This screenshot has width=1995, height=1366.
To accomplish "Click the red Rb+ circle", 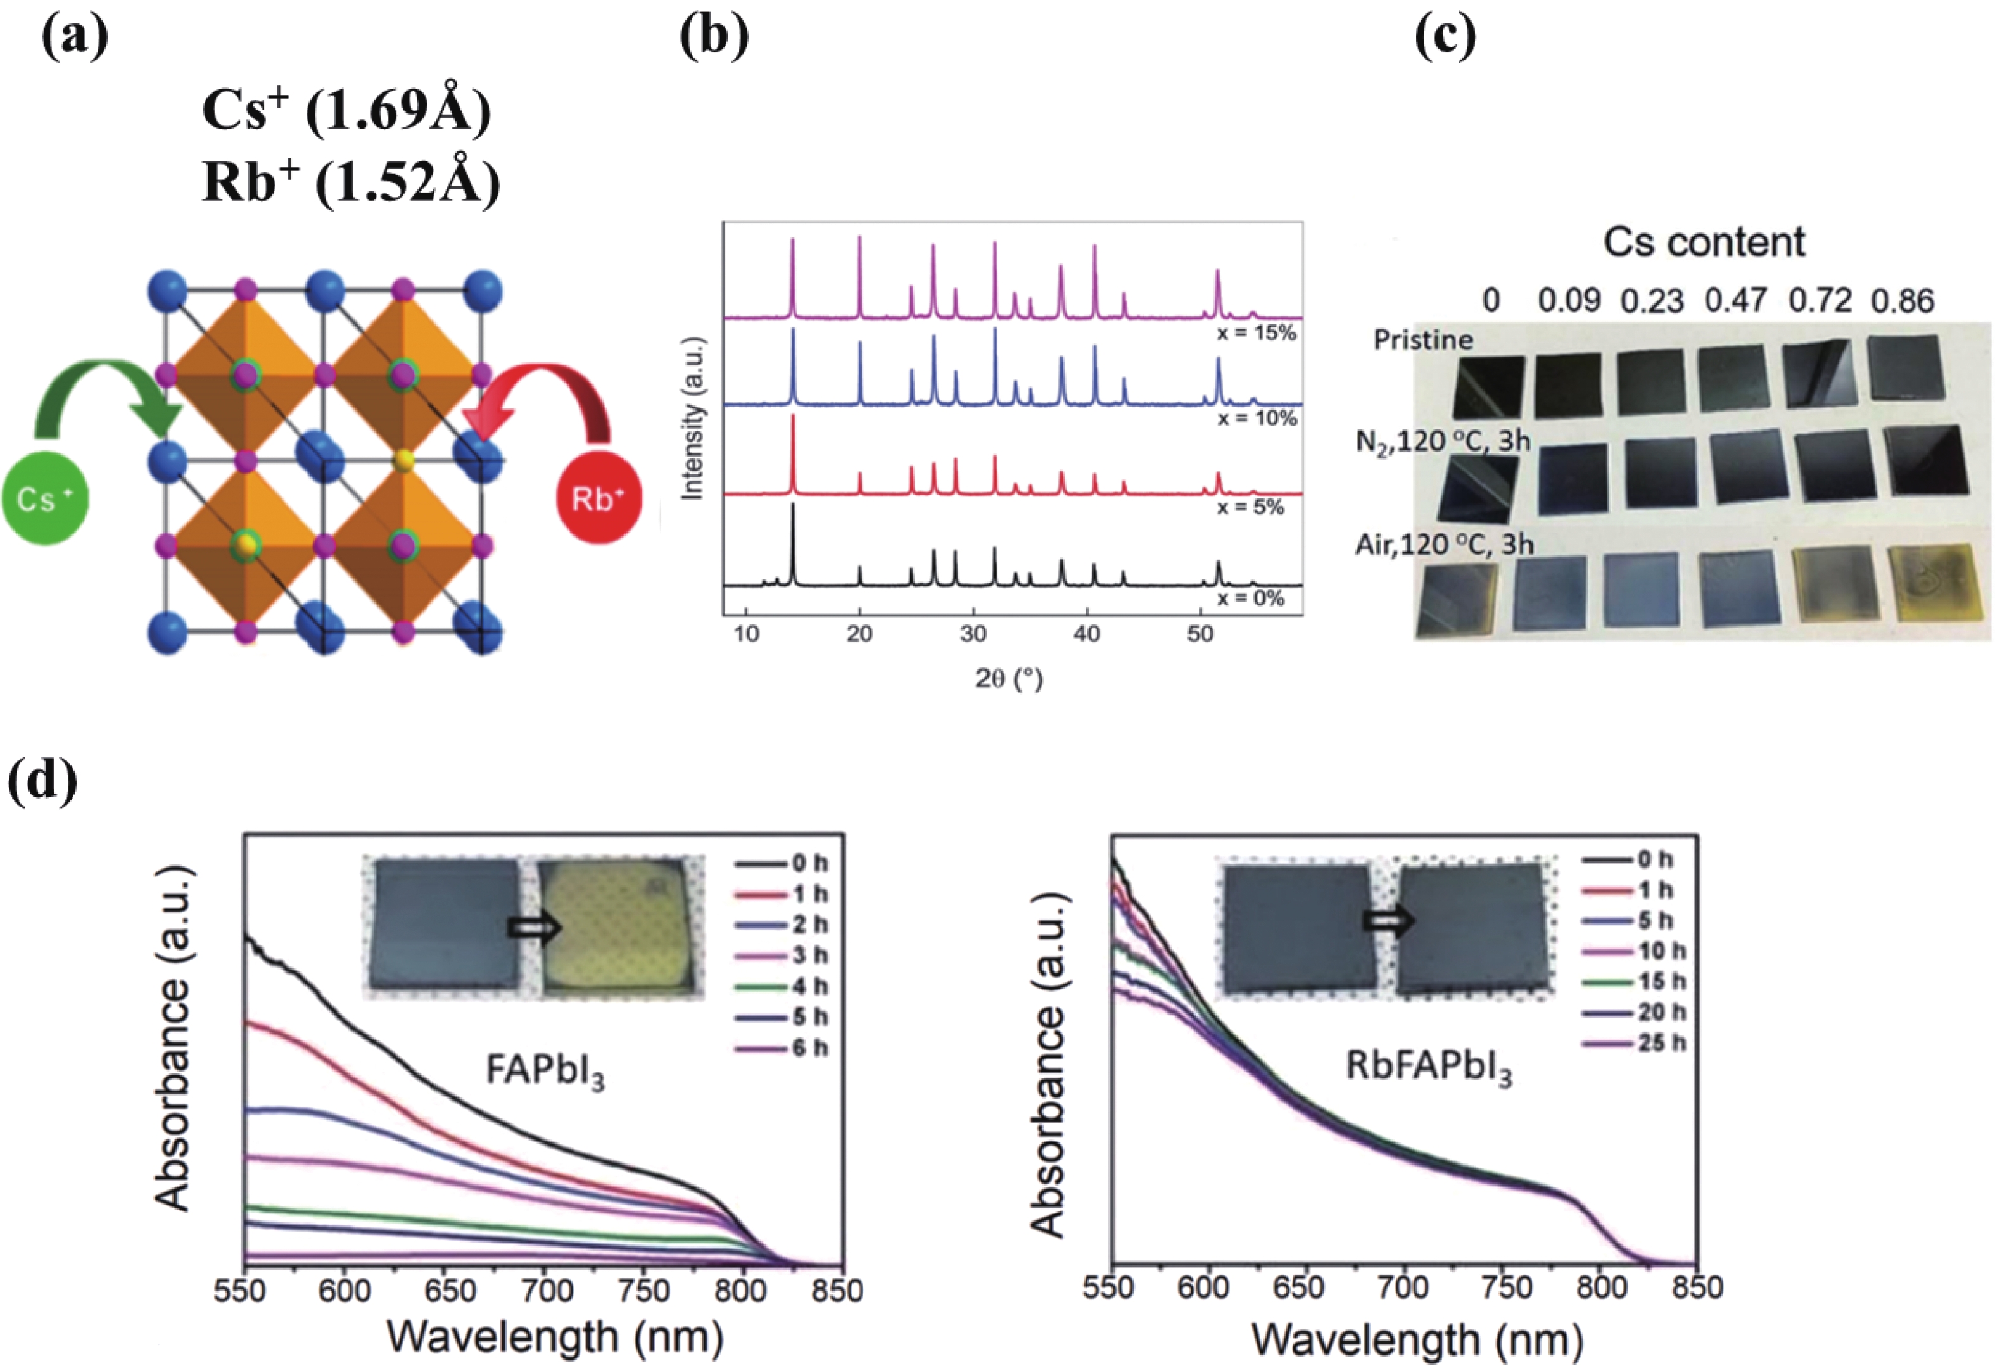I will tap(598, 500).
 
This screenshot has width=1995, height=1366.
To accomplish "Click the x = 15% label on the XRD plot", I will tap(1256, 333).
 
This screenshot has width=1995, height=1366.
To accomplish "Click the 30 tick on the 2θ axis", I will tap(973, 634).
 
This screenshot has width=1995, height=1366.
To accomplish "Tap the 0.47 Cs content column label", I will tap(1735, 301).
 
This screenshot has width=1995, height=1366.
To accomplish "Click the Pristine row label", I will tap(1422, 340).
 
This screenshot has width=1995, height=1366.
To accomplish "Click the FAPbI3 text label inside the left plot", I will tap(545, 1072).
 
